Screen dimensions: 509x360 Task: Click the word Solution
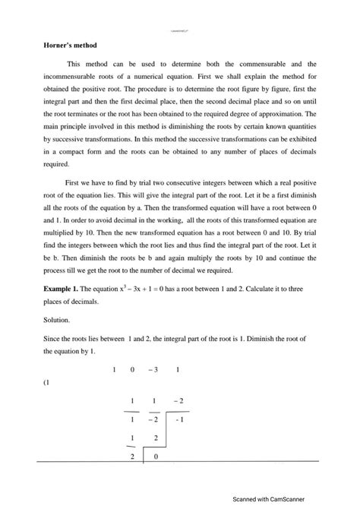[61, 321]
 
